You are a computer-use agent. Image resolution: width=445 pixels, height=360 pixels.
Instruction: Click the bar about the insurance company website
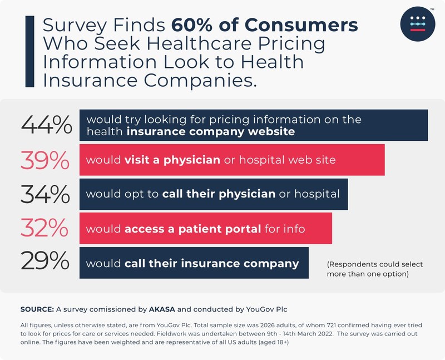click(x=254, y=125)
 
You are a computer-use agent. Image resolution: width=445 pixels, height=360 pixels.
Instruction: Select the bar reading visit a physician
click(x=233, y=160)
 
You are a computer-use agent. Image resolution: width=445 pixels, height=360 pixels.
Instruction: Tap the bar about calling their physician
click(x=214, y=194)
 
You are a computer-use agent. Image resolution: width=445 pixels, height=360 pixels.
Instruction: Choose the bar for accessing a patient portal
click(x=206, y=228)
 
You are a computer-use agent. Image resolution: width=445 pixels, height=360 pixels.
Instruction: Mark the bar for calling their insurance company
click(x=194, y=263)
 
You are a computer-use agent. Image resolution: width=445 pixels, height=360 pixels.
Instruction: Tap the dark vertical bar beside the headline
click(x=29, y=51)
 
